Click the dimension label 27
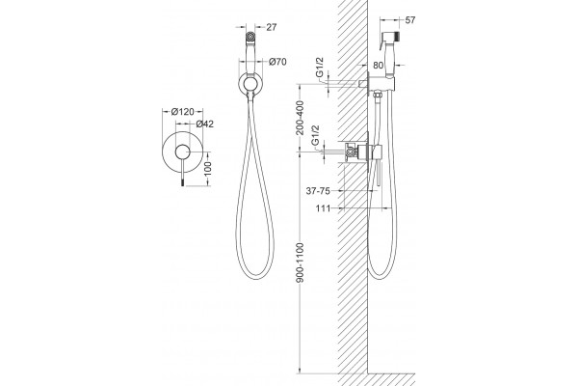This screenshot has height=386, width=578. click(x=271, y=27)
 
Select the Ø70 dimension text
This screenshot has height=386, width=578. click(x=277, y=62)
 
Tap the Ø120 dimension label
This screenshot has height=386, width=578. click(x=182, y=112)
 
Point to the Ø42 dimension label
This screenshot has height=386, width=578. click(x=204, y=124)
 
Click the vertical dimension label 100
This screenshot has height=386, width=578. click(x=208, y=169)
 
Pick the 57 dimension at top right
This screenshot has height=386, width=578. click(x=410, y=20)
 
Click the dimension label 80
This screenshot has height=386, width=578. click(x=379, y=66)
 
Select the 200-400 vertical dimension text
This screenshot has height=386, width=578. click(x=300, y=118)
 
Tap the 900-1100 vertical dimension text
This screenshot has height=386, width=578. click(x=301, y=262)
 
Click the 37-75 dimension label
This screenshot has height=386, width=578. click(x=318, y=191)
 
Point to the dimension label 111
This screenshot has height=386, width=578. click(x=324, y=208)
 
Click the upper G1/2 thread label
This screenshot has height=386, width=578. click(x=320, y=68)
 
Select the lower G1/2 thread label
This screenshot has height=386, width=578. click(x=315, y=135)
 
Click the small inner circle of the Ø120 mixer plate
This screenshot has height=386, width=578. click(x=182, y=152)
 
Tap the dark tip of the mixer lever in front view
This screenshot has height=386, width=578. click(x=182, y=181)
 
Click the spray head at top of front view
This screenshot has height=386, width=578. click(x=250, y=37)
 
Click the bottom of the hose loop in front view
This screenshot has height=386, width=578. click(x=255, y=278)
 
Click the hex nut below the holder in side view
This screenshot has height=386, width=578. click(x=377, y=95)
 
